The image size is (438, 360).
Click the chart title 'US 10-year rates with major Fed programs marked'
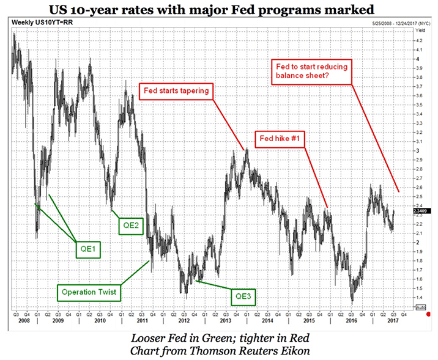click(x=219, y=9)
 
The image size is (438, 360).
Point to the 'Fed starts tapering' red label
click(x=177, y=91)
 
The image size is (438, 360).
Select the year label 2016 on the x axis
click(x=351, y=320)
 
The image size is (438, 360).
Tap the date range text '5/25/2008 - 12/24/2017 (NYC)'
click(x=387, y=22)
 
